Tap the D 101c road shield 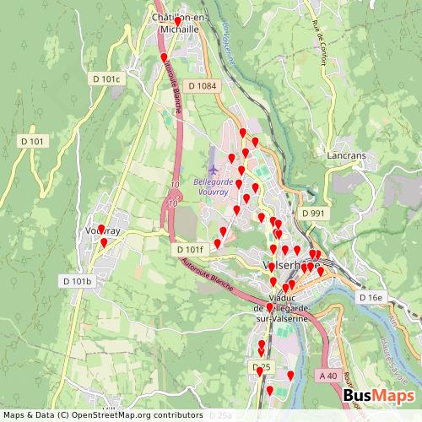click(106, 78)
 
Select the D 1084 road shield click(203, 85)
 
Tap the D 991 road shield click(312, 214)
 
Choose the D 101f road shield click(190, 250)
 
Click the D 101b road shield click(76, 280)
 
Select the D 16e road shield click(371, 297)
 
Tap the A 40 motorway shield click(328, 375)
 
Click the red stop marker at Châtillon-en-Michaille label click(178, 20)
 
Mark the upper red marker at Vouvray click(101, 229)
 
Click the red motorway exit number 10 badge click(173, 203)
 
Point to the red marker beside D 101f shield click(217, 243)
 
